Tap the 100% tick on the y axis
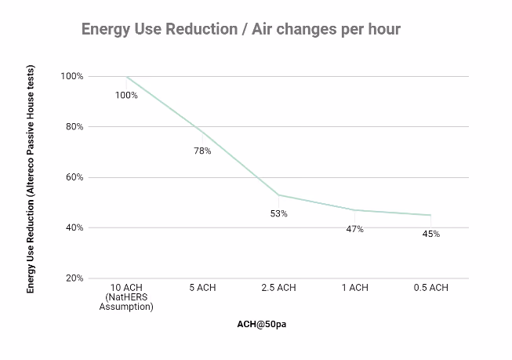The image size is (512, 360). (72, 76)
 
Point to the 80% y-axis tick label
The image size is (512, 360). (74, 126)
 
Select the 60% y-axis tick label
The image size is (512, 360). (74, 177)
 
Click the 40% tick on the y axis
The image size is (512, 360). (74, 227)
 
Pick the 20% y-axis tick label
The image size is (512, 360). (74, 278)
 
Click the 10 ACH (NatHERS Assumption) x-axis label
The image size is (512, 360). (126, 297)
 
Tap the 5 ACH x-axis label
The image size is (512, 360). (202, 288)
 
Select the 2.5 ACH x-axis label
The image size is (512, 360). (278, 288)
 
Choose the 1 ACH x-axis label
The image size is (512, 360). (355, 288)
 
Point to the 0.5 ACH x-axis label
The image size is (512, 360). (431, 288)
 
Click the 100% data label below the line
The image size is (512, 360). (126, 95)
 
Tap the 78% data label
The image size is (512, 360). (202, 151)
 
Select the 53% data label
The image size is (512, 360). (279, 213)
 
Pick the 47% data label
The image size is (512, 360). (355, 229)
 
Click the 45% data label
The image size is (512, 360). (431, 234)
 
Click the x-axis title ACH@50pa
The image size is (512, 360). (262, 324)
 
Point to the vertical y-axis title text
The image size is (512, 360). (31, 179)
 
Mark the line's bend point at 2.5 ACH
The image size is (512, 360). (278, 195)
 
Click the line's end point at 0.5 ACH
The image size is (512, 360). (431, 215)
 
